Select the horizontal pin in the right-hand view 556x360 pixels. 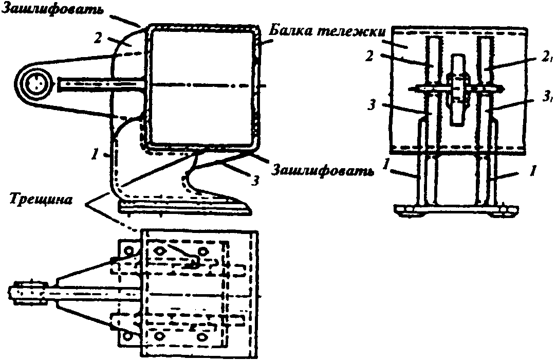(457, 89)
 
